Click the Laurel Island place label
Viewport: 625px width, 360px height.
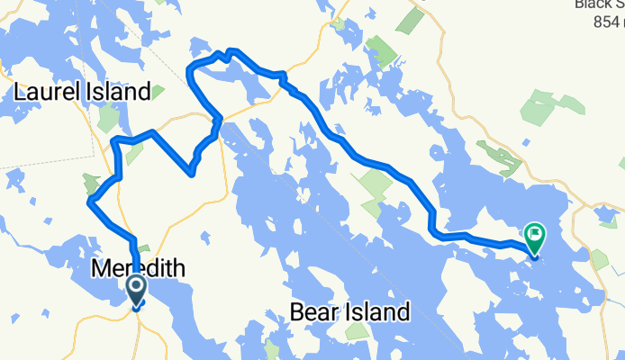point(83,92)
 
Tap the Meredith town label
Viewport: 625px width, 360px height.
point(139,268)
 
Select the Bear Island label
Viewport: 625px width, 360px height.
point(351,312)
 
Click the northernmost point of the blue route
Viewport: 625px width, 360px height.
point(231,50)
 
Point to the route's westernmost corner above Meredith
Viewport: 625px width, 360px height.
point(89,202)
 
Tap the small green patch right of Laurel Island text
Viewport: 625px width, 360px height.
point(159,91)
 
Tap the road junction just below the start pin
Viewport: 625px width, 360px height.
point(138,311)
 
